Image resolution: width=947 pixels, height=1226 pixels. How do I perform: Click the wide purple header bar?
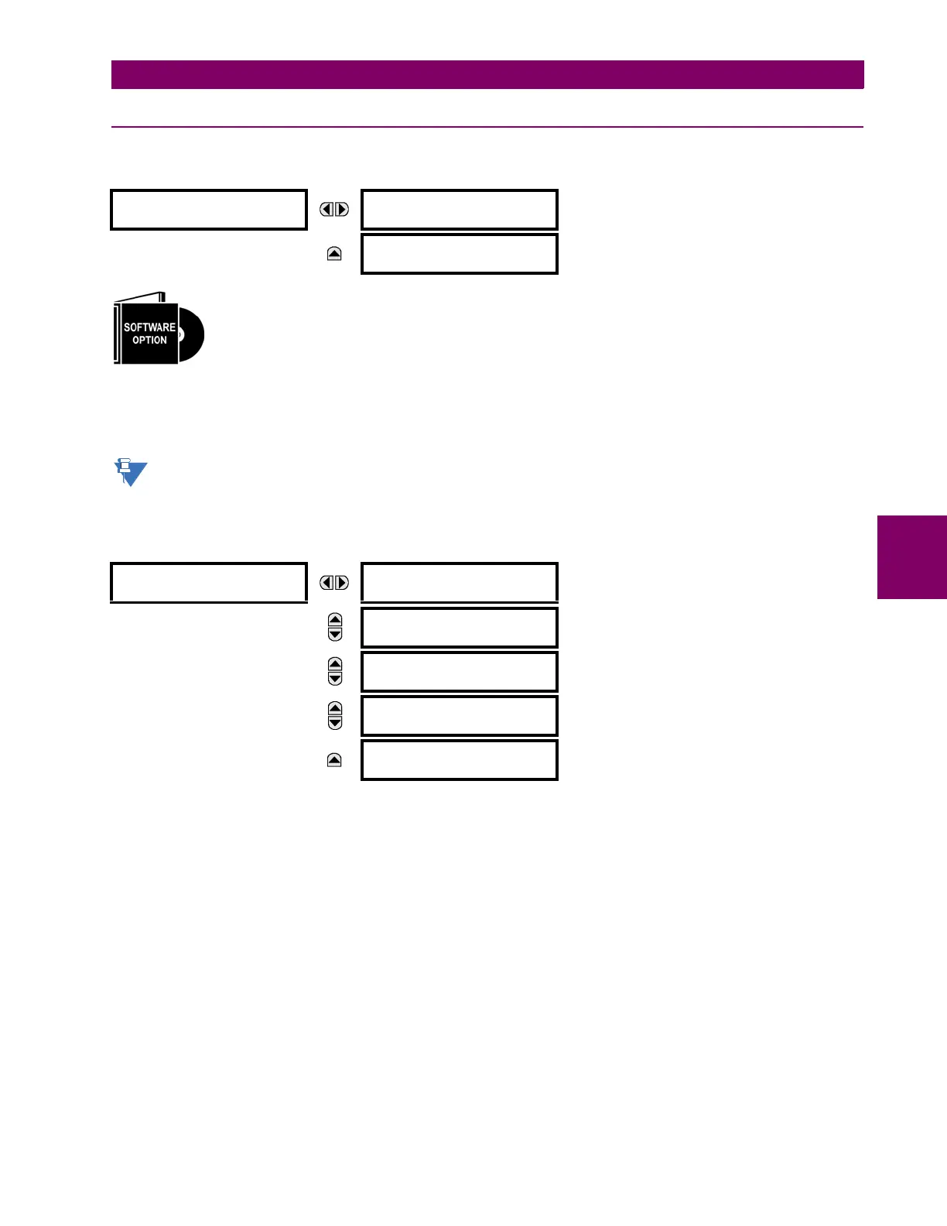pyautogui.click(x=487, y=75)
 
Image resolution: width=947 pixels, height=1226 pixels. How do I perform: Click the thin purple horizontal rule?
pyautogui.click(x=487, y=127)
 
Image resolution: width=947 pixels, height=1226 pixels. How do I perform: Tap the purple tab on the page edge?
pyautogui.click(x=912, y=557)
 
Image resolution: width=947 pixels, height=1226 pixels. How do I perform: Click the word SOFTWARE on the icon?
pyautogui.click(x=149, y=327)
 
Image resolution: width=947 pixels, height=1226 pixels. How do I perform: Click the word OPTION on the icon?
pyautogui.click(x=149, y=341)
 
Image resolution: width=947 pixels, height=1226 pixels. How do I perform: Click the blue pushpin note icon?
pyautogui.click(x=130, y=472)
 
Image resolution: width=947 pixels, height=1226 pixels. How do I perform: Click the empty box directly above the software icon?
pyautogui.click(x=209, y=210)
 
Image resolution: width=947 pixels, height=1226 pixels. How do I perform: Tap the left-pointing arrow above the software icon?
pyautogui.click(x=327, y=210)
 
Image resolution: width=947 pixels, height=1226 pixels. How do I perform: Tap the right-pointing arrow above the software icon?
pyautogui.click(x=342, y=210)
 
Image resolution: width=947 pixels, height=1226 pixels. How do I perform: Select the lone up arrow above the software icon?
pyautogui.click(x=334, y=254)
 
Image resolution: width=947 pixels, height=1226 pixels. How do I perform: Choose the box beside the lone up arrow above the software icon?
pyautogui.click(x=460, y=254)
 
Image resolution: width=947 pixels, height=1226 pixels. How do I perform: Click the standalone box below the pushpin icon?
pyautogui.click(x=209, y=583)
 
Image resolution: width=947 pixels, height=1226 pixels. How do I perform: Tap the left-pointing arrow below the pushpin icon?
pyautogui.click(x=327, y=583)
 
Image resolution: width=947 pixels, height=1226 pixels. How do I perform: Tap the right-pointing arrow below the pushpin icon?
pyautogui.click(x=342, y=583)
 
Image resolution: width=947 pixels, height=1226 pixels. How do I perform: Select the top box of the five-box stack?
pyautogui.click(x=460, y=583)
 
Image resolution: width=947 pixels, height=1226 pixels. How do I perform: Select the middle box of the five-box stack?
pyautogui.click(x=460, y=672)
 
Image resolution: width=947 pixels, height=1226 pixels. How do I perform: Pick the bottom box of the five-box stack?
pyautogui.click(x=460, y=760)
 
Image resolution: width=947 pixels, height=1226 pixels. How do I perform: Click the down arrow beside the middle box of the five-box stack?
pyautogui.click(x=335, y=679)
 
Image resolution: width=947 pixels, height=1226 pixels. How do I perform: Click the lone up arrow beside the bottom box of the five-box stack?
pyautogui.click(x=334, y=760)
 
